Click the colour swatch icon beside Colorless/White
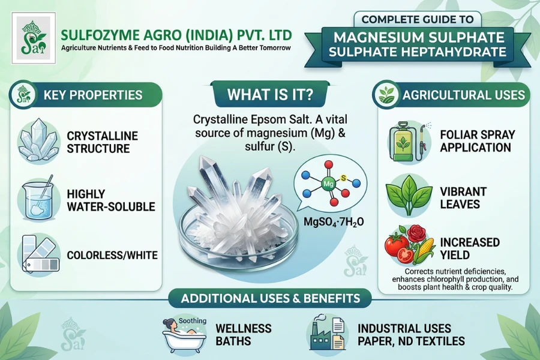click(x=37, y=254)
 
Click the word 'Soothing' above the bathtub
click(x=193, y=320)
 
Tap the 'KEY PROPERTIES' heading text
click(x=92, y=95)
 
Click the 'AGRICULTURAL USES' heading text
click(x=463, y=95)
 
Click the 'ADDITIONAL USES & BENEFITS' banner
click(x=271, y=299)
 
